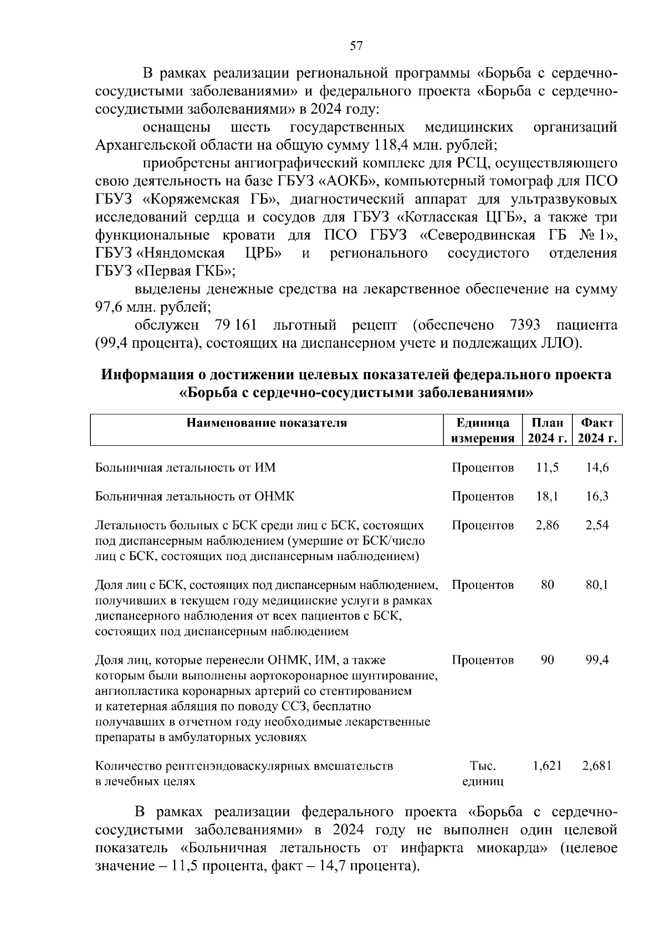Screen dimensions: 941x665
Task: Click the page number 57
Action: click(x=356, y=46)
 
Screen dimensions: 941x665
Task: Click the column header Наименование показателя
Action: click(x=267, y=424)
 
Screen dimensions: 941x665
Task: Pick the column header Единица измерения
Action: click(x=482, y=431)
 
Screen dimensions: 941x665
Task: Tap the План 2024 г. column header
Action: click(x=547, y=431)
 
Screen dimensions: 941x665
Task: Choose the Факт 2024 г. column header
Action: click(x=597, y=431)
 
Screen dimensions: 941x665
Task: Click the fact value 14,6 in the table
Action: click(x=597, y=467)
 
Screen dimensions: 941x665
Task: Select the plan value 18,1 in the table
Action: click(x=547, y=496)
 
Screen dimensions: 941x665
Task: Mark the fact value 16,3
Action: click(x=597, y=496)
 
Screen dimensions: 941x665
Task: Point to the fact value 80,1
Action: click(x=597, y=585)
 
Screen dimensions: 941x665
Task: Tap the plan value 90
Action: click(x=547, y=660)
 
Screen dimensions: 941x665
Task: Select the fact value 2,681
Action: click(x=597, y=766)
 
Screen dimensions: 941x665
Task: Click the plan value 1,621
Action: click(x=547, y=766)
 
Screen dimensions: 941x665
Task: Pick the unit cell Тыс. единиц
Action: click(x=482, y=774)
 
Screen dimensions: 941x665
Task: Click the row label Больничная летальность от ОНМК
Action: click(x=195, y=496)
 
